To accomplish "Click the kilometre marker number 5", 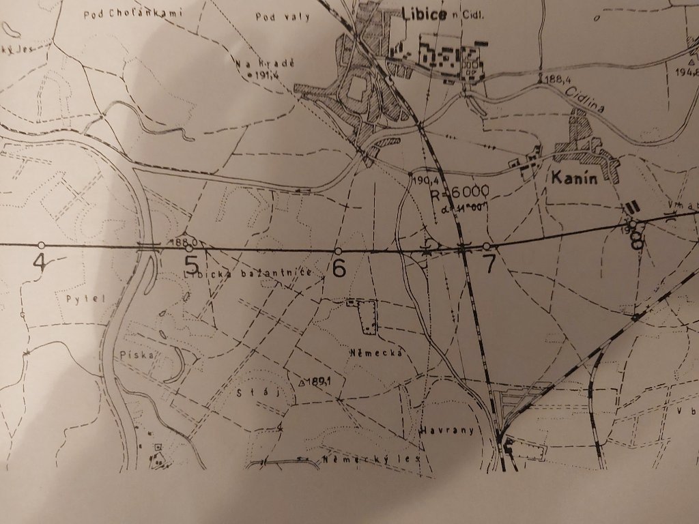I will [192, 263].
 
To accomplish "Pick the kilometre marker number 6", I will [338, 268].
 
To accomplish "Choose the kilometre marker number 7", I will [488, 265].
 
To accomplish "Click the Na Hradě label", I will [264, 62].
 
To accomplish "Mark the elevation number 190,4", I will [425, 180].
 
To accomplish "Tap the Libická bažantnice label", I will [249, 274].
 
